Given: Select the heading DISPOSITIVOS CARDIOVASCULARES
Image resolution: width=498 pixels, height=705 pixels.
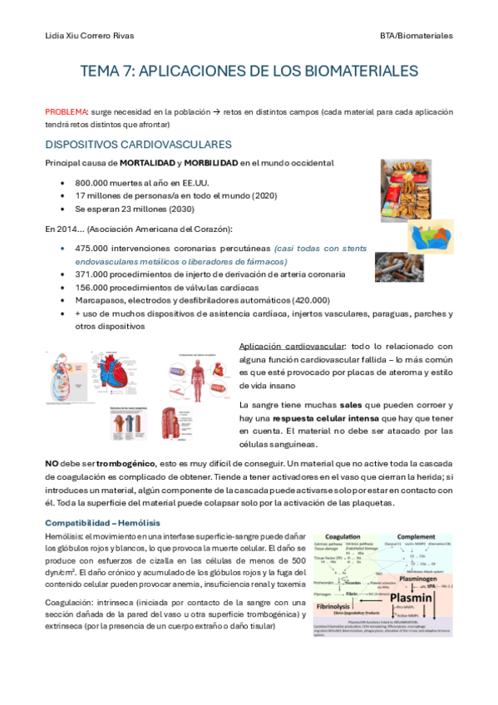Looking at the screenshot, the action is point(138,145).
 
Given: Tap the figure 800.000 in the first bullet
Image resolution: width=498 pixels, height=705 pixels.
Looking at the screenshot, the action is point(92,182).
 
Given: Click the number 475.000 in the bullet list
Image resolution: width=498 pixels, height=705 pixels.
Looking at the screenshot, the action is point(92,248).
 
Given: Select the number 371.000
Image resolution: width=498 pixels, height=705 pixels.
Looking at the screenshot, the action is point(92,274).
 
